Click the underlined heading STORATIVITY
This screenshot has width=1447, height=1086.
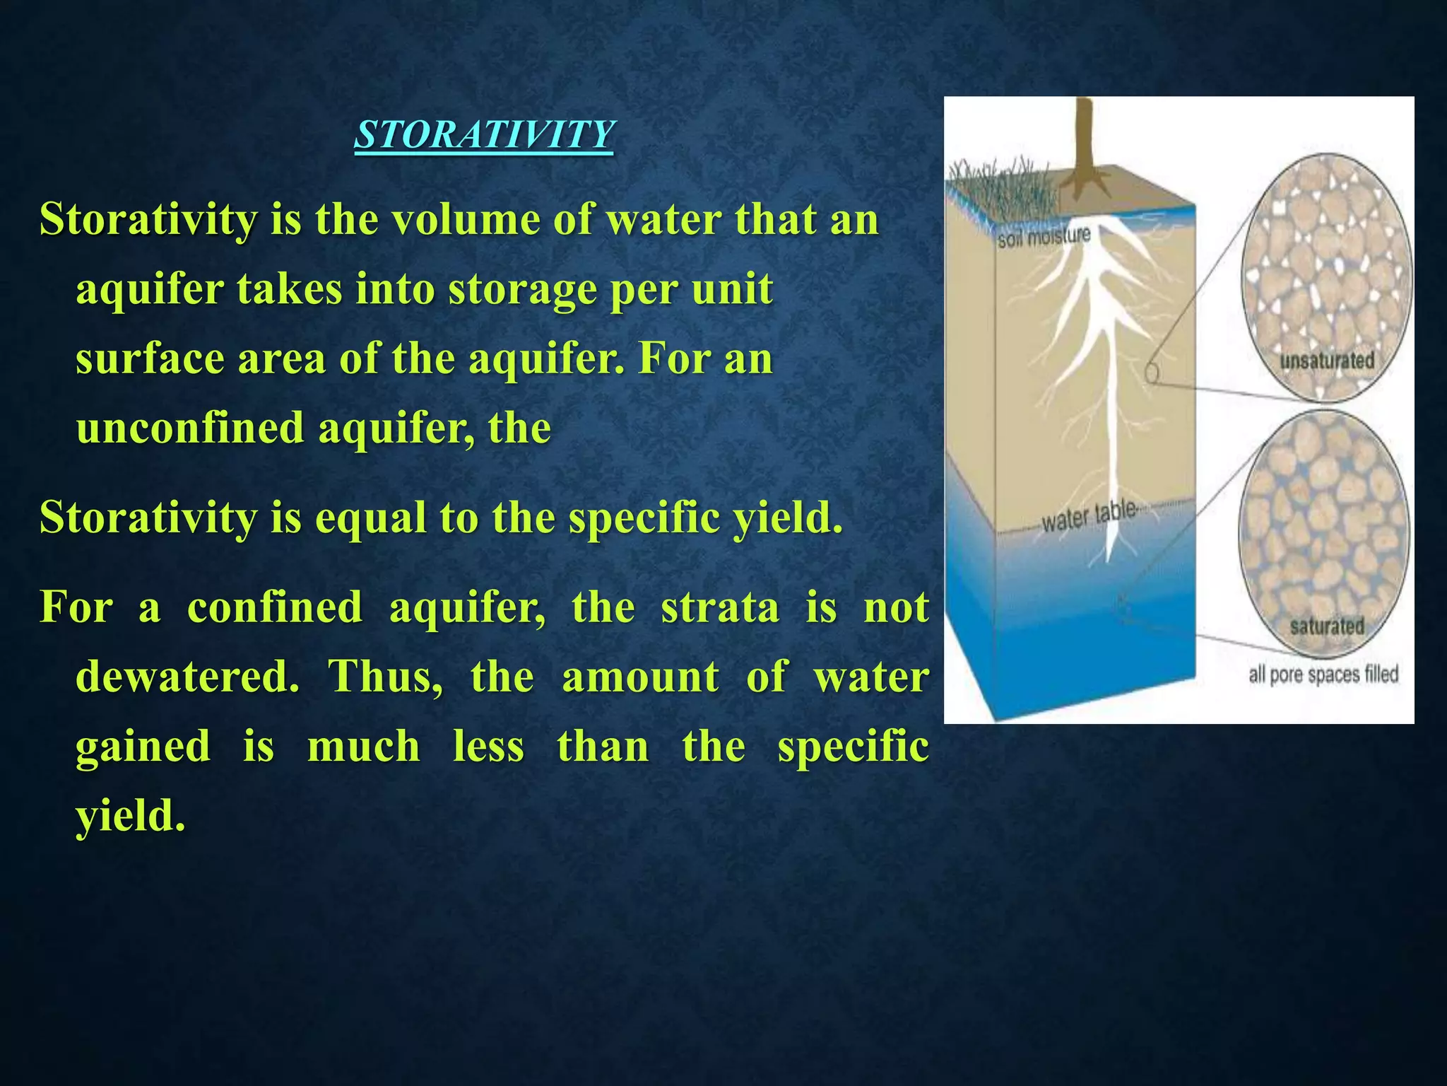[484, 134]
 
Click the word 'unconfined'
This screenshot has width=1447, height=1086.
[188, 428]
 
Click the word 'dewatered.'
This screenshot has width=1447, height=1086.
[187, 677]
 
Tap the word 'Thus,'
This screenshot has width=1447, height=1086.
[386, 677]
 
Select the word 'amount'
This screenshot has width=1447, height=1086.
[640, 677]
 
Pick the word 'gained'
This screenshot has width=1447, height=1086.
[143, 747]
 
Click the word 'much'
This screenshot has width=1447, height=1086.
[363, 747]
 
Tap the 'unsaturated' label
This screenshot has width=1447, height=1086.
[1327, 361]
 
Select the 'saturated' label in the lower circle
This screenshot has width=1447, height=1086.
[1327, 626]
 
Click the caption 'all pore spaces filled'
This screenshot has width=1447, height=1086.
[1323, 675]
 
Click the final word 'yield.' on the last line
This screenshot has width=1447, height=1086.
[131, 816]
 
